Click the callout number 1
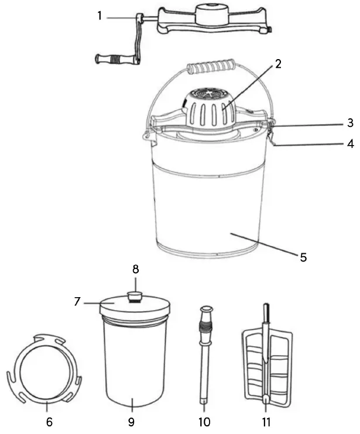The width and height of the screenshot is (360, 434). (100, 16)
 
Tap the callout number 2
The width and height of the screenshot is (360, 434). (279, 64)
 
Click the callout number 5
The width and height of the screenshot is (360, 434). (304, 257)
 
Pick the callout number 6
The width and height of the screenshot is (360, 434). (49, 421)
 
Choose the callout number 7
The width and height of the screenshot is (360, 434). (76, 302)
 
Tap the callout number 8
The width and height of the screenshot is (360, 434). (135, 270)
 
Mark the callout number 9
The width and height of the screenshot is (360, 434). (132, 421)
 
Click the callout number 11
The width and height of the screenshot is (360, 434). (266, 421)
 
